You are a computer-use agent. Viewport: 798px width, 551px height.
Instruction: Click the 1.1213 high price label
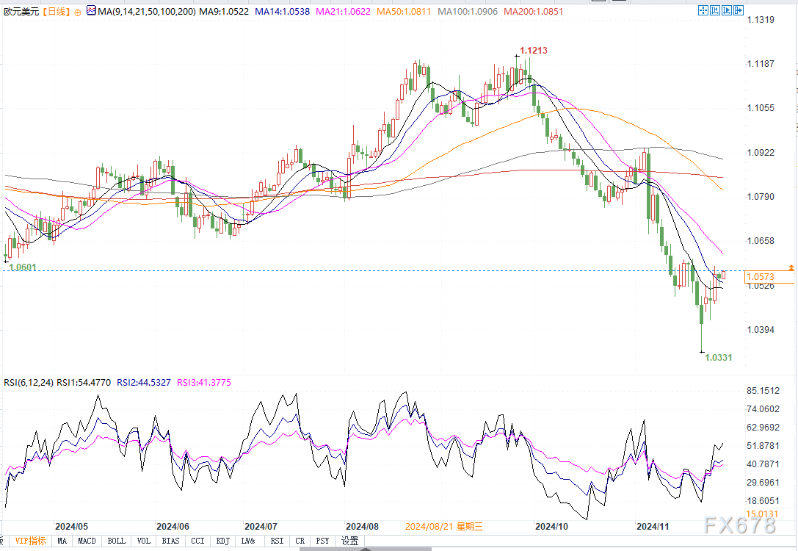534,51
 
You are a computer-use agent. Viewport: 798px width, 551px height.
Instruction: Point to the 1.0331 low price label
718,357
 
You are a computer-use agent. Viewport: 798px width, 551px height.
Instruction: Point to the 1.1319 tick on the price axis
761,20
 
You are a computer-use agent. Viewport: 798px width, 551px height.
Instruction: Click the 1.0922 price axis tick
761,153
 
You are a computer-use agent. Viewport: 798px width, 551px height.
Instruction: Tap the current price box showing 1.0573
759,276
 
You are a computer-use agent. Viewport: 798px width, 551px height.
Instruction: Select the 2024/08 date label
362,527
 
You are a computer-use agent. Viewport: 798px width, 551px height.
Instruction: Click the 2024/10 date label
551,527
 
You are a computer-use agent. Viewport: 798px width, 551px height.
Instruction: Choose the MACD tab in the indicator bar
87,541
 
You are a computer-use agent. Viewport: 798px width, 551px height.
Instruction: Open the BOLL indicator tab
116,541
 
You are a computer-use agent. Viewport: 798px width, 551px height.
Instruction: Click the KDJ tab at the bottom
222,541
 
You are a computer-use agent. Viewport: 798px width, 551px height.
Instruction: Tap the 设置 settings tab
349,541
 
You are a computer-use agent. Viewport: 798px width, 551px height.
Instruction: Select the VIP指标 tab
30,541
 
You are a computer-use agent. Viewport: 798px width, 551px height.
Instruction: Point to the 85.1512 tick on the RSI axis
763,391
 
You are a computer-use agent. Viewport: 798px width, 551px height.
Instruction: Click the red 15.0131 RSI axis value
762,514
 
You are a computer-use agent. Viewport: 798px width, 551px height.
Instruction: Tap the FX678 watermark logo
738,525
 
